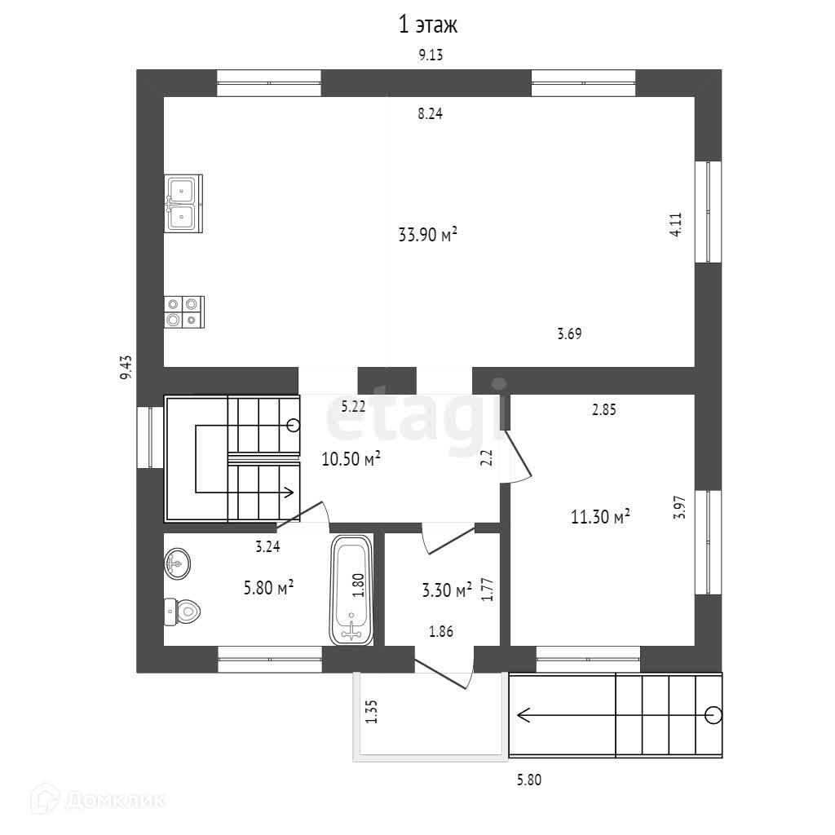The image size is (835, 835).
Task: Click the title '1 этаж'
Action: [427, 25]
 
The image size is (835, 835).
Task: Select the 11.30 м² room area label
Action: [599, 516]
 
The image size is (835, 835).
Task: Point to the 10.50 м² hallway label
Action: [351, 460]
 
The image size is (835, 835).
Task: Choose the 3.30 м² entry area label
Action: [447, 590]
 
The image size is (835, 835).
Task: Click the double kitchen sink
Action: [182, 203]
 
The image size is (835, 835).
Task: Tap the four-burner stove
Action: [183, 311]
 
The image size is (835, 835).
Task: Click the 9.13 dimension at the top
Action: [430, 55]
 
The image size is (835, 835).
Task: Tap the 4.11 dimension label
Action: [675, 223]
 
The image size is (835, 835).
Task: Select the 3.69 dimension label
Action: [569, 333]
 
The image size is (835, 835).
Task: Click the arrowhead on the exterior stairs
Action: [520, 715]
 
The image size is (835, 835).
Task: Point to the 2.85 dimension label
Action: [603, 410]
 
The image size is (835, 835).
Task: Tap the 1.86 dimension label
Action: [441, 630]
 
